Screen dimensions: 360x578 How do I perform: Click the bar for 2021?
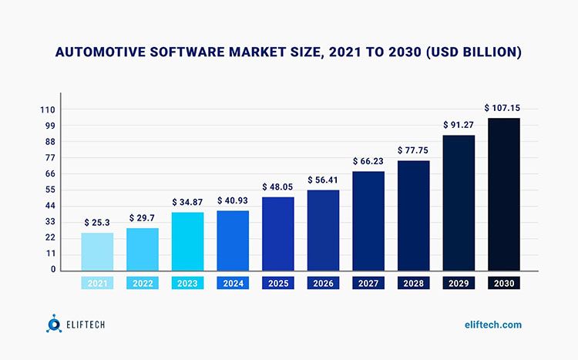pyautogui.click(x=97, y=251)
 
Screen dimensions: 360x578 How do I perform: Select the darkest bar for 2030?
pyautogui.click(x=504, y=194)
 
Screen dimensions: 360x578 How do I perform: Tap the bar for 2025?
pyautogui.click(x=278, y=234)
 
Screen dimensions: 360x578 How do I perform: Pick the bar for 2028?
pyautogui.click(x=414, y=215)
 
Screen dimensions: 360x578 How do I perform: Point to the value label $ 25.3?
pyautogui.click(x=97, y=222)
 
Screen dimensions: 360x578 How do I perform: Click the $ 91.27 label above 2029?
pyautogui.click(x=459, y=124)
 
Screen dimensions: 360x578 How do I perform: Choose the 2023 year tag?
pyautogui.click(x=187, y=284)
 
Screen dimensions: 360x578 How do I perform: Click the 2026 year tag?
pyautogui.click(x=323, y=284)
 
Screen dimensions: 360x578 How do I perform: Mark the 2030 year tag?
pyautogui.click(x=504, y=284)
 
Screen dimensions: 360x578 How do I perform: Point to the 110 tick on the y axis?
pyautogui.click(x=48, y=109)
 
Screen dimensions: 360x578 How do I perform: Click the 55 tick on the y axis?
pyautogui.click(x=49, y=190)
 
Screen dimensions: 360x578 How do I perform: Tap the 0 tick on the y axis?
pyautogui.click(x=53, y=270)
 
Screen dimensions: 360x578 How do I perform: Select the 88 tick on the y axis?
pyautogui.click(x=49, y=142)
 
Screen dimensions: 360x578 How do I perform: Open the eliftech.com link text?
pyautogui.click(x=493, y=325)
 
